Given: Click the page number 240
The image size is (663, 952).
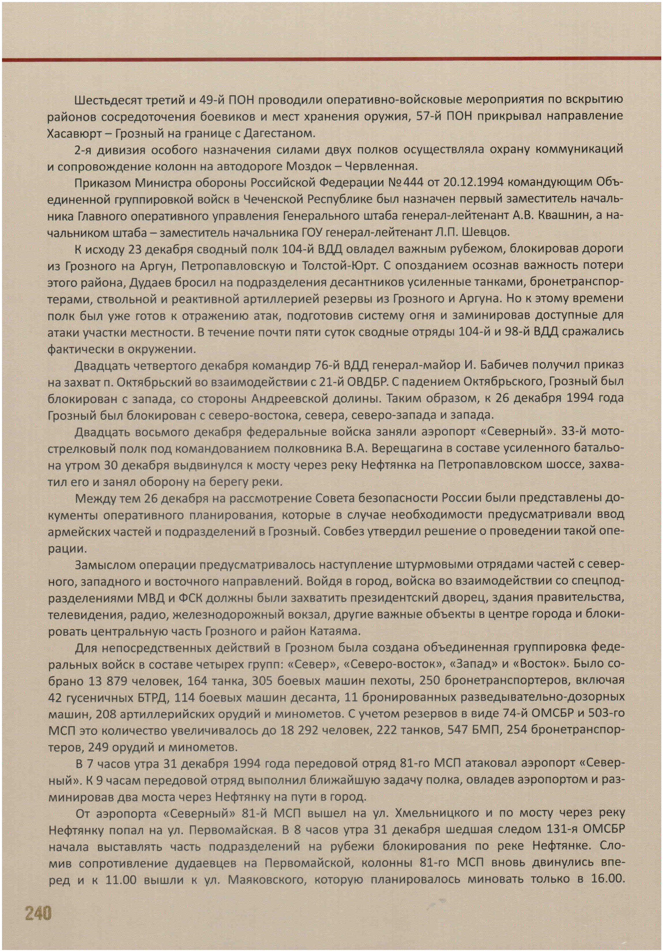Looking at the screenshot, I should tap(38, 912).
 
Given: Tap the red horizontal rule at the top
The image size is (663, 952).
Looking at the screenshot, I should tap(331, 60).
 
